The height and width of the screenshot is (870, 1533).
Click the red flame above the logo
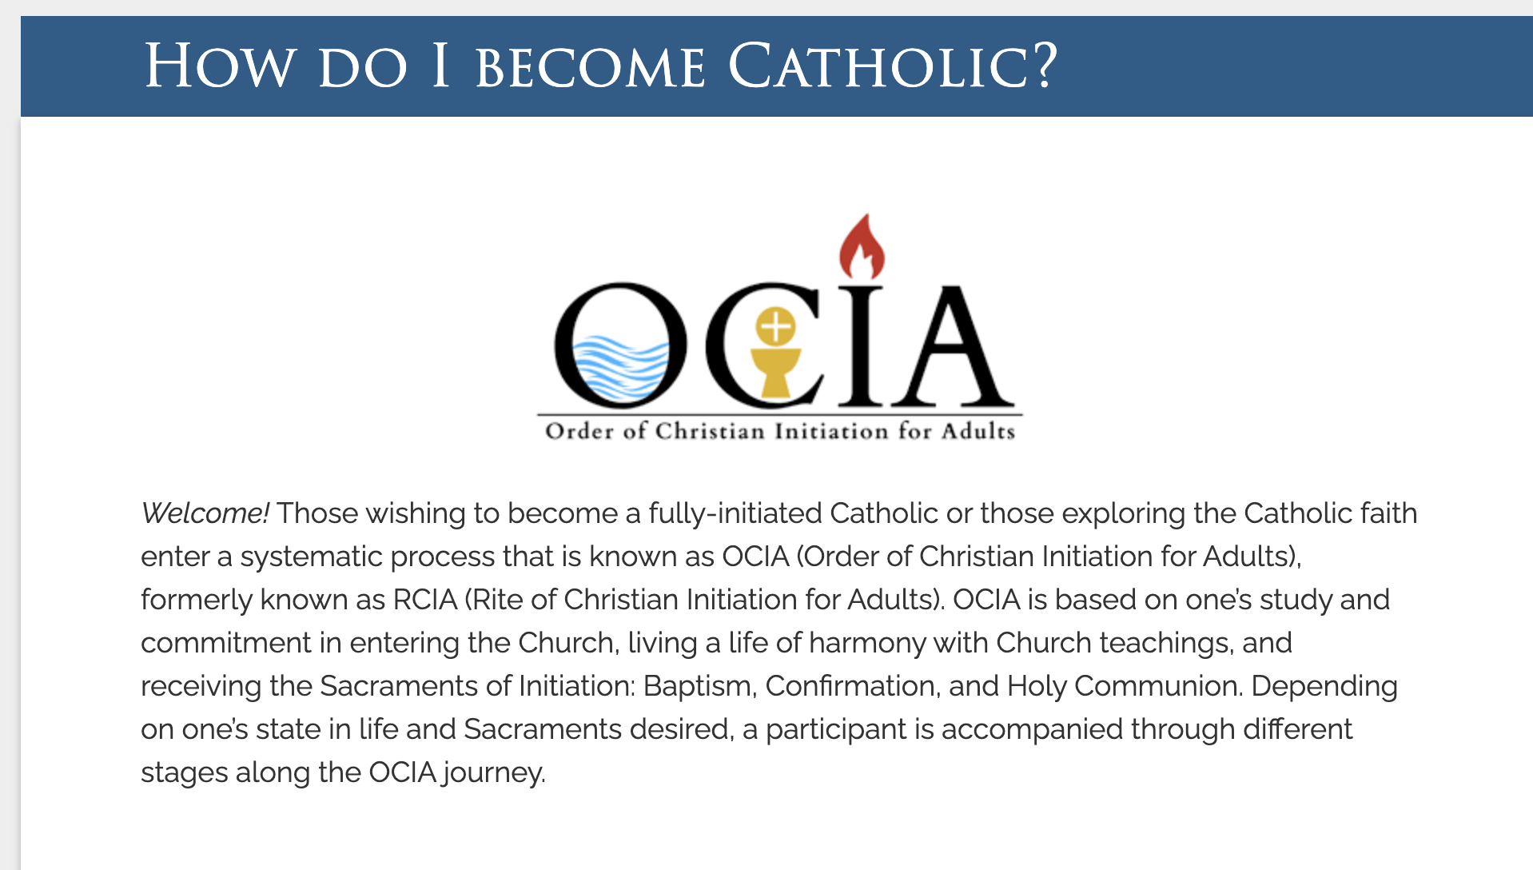(x=861, y=247)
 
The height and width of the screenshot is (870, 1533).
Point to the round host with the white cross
(x=775, y=326)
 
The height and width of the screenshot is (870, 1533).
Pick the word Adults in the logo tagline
(x=978, y=432)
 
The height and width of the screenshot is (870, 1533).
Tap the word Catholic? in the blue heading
(x=893, y=66)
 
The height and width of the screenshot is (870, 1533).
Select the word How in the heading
(x=219, y=66)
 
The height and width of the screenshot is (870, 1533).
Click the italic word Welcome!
(x=205, y=513)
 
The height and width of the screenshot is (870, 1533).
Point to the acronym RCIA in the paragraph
(x=425, y=600)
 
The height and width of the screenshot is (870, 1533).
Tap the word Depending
(x=1324, y=687)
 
